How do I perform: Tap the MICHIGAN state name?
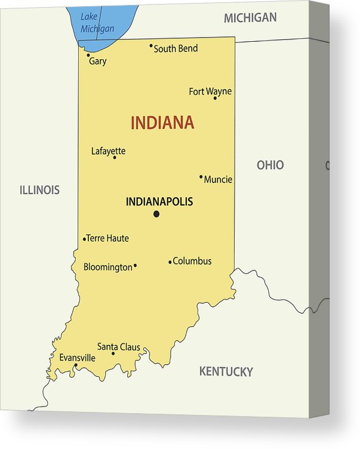250,18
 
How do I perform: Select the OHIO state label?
270,165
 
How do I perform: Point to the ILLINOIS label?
39,190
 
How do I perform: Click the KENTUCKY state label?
226,371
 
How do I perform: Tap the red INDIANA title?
162,123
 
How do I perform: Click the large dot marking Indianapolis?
156,214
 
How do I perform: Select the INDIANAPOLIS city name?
159,202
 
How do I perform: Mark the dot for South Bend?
151,45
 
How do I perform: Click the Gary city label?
98,61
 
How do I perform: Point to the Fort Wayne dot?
215,98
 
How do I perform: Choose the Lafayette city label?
108,151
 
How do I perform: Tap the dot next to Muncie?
201,176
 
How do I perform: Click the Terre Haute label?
108,238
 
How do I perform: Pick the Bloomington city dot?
135,266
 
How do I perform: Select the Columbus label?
192,261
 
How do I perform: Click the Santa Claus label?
119,346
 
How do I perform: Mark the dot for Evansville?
75,365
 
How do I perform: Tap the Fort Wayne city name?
210,91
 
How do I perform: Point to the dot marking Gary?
88,55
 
